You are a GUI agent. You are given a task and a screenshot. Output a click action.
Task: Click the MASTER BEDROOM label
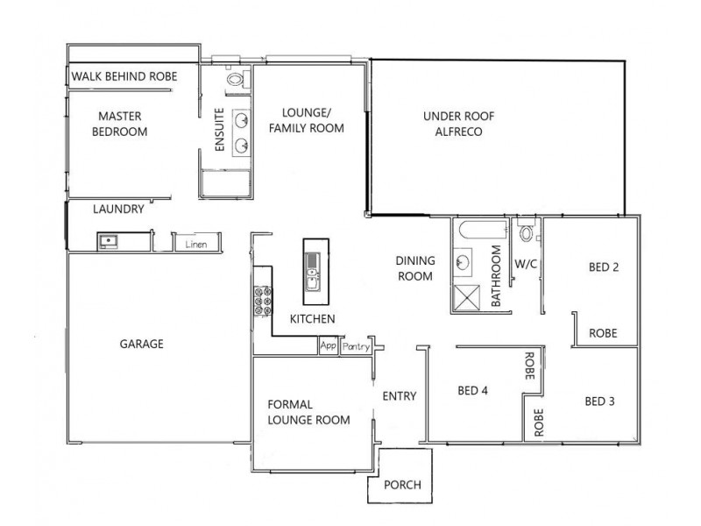(x=122, y=124)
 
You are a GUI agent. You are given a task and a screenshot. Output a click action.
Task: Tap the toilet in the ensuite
(x=234, y=81)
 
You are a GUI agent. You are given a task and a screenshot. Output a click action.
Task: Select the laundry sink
(x=109, y=240)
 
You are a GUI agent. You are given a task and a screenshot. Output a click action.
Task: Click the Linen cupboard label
(x=195, y=244)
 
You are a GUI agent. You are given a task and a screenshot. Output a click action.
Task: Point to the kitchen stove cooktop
(x=262, y=302)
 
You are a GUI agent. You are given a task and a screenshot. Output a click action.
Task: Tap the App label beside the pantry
(x=329, y=346)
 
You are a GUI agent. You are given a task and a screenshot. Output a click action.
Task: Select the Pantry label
(x=357, y=347)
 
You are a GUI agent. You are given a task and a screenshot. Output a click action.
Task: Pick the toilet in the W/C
(x=526, y=233)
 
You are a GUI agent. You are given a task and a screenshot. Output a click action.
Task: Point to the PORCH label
(x=402, y=485)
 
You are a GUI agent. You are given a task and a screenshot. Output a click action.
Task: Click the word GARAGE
(x=141, y=344)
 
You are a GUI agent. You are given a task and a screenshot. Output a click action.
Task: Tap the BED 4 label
(x=472, y=391)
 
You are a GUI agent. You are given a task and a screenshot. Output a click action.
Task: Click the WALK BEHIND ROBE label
(x=124, y=77)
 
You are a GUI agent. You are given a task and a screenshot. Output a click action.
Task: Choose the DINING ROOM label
(x=414, y=268)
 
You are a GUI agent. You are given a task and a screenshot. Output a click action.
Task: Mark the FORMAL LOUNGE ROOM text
(x=308, y=412)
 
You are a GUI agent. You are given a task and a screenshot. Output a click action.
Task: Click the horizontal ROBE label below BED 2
(x=603, y=333)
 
